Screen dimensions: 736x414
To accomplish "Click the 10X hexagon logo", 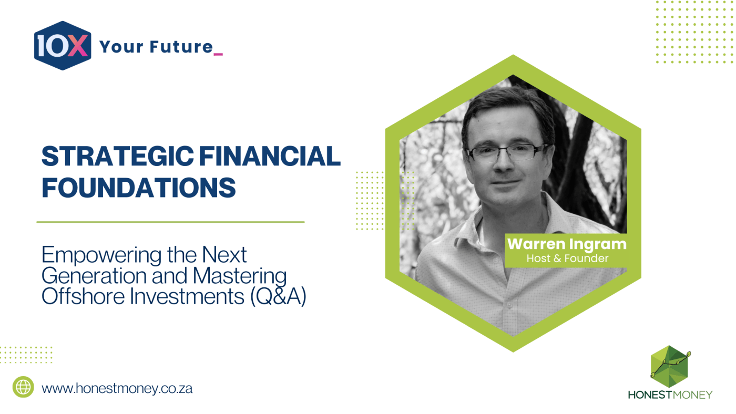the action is [x=63, y=46].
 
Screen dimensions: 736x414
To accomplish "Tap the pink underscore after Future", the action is [x=218, y=54].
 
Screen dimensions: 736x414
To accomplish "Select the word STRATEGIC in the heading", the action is [x=118, y=156].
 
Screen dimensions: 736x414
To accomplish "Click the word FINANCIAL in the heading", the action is [x=270, y=156].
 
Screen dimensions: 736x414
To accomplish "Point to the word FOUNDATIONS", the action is [x=139, y=188].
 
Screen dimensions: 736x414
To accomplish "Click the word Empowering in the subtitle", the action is [x=101, y=255].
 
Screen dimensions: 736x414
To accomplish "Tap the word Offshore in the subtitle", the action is [x=83, y=296].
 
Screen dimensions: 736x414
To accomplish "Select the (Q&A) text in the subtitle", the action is [x=278, y=296].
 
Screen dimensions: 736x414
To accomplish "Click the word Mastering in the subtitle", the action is [x=240, y=276].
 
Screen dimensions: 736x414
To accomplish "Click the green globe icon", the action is [x=23, y=387].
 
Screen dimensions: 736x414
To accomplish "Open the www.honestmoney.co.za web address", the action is [x=117, y=389].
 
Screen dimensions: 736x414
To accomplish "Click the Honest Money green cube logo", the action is [x=670, y=366].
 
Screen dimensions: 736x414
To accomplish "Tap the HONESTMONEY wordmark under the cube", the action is [x=670, y=395].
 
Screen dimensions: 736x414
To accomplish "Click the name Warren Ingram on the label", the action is [x=567, y=244].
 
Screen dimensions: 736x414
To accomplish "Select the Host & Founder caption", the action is [x=567, y=258].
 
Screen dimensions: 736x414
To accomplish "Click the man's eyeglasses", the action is [x=506, y=153].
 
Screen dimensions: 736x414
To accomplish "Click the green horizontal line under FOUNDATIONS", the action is [x=170, y=222].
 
